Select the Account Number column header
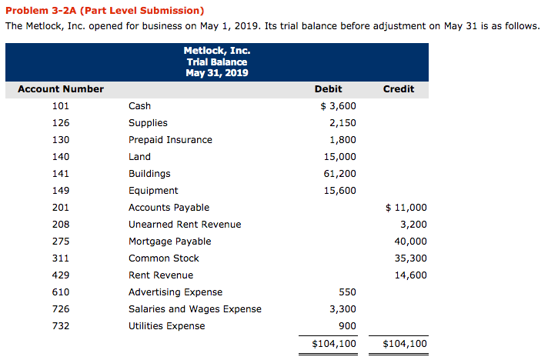coord(61,89)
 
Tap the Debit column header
coord(329,89)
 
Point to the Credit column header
coord(399,89)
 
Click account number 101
coord(61,106)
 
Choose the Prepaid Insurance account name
coord(170,140)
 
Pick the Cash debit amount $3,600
coord(337,106)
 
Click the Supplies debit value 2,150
coord(342,123)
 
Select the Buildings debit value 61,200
coord(339,174)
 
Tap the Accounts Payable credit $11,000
coord(405,208)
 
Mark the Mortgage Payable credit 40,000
coord(410,242)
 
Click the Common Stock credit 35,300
coord(410,258)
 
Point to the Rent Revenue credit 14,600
coord(410,275)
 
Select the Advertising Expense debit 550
coord(347,292)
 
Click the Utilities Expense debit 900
coord(347,326)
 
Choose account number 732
coord(61,326)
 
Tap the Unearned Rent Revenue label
coord(185,225)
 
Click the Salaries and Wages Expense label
coord(195,309)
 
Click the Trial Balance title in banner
coord(216,62)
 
